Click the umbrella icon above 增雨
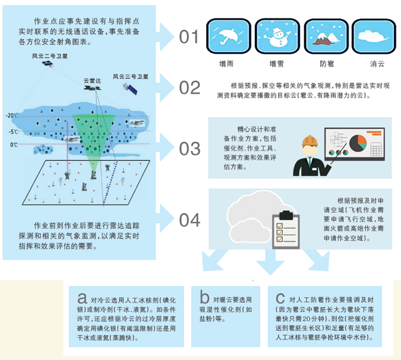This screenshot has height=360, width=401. click(x=228, y=36)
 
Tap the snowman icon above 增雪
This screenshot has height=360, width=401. click(x=278, y=36)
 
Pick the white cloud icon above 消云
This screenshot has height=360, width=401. click(x=374, y=36)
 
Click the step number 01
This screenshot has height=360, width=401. click(x=189, y=36)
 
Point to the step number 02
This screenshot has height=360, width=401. click(x=189, y=88)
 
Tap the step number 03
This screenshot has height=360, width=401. click(x=189, y=149)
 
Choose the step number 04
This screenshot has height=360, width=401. click(x=189, y=219)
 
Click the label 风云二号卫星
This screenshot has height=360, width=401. click(x=49, y=56)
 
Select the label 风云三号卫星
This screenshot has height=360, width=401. click(x=130, y=76)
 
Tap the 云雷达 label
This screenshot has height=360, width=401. click(x=92, y=81)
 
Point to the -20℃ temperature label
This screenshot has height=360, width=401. click(x=12, y=115)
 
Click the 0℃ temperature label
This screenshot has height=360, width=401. click(x=14, y=145)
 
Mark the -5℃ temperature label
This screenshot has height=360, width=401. click(x=14, y=131)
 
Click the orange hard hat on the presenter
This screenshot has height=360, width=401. click(x=310, y=141)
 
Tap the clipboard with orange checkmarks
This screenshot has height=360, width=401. click(x=286, y=229)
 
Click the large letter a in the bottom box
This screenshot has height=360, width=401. click(x=82, y=298)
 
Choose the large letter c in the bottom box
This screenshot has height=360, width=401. click(x=280, y=298)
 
